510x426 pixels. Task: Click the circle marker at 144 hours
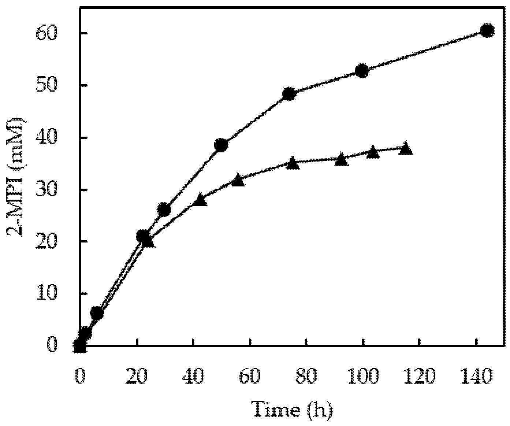coord(487,31)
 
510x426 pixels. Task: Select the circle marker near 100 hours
coord(362,71)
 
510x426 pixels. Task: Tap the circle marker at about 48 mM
coord(289,94)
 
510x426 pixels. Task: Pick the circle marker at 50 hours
coord(221,145)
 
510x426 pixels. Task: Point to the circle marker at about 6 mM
coord(97,314)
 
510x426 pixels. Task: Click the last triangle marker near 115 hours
coord(406,149)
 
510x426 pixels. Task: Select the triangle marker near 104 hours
coord(373,152)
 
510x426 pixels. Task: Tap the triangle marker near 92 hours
coord(341,159)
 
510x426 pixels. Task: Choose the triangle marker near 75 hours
coord(293,163)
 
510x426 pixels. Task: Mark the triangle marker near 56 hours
coord(238,180)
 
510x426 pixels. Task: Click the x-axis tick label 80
coord(306,376)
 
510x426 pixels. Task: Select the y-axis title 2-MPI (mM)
coord(16,177)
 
